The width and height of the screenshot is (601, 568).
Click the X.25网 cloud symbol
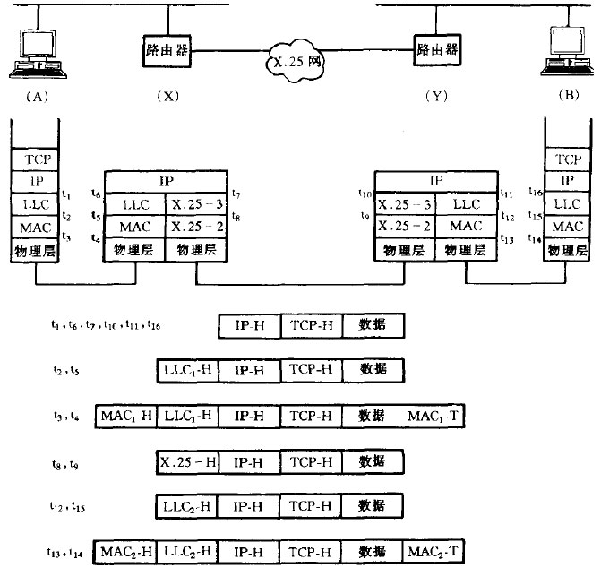click(302, 64)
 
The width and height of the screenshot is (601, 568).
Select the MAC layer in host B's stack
click(569, 228)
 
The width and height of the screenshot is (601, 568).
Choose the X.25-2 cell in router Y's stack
click(404, 228)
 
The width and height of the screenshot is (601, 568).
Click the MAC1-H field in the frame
click(124, 416)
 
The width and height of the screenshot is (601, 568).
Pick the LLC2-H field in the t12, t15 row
click(187, 505)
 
